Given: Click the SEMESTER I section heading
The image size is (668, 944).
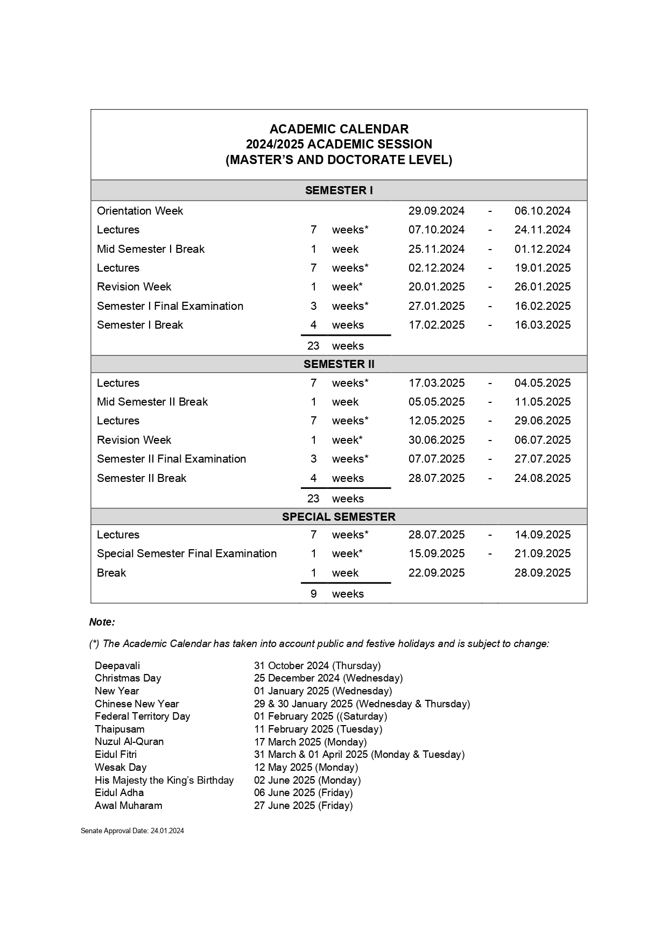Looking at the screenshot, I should point(339,190).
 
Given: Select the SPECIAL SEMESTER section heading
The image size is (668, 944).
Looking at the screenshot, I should point(339,517).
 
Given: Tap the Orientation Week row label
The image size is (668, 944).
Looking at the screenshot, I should point(140,211).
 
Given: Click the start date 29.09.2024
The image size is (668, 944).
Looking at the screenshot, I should point(436,211).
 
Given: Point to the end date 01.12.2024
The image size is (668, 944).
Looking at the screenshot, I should point(542,249).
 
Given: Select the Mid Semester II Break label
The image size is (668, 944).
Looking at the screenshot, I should point(152,402).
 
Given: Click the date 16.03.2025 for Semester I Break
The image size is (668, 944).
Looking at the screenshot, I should point(542,325).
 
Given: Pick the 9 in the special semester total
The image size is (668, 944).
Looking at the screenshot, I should point(314,594).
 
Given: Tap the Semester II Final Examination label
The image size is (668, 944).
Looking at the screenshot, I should point(171,459).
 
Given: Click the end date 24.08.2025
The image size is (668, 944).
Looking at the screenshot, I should point(542,478).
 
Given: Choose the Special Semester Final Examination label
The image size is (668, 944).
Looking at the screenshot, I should point(187,553).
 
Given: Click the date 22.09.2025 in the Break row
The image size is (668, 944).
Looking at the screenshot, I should point(436,573).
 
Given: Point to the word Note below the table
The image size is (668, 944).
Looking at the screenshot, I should point(102,622).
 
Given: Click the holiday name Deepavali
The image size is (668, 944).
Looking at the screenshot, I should point(117,666).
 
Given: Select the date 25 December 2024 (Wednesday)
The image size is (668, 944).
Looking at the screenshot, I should point(328,678).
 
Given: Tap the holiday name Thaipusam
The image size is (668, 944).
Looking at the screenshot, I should point(119,729).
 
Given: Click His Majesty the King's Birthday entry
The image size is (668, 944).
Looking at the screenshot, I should point(164,780).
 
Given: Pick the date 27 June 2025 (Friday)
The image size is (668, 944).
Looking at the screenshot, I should point(303,806).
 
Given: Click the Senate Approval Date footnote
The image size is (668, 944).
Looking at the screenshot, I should point(132,831).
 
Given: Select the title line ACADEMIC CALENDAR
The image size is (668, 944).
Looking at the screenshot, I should point(339,129).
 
